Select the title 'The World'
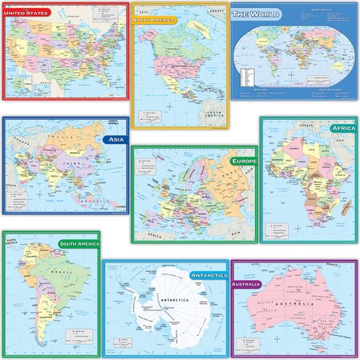pos(252,16)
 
